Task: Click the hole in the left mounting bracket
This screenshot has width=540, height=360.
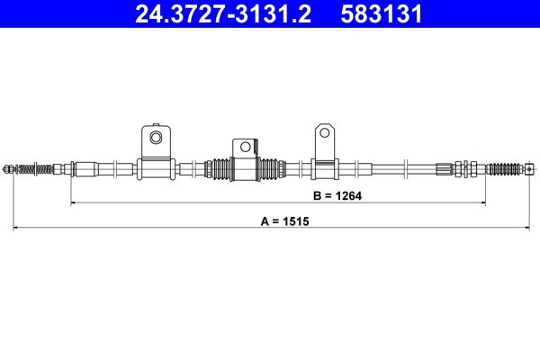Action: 155,138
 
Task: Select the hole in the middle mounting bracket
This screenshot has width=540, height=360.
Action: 244,146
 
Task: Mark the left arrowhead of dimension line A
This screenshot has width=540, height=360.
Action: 14,229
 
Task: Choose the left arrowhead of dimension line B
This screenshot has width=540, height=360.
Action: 73,203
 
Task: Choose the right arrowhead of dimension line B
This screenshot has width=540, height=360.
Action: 485,203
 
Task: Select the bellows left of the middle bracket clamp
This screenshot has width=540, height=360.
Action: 218,167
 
